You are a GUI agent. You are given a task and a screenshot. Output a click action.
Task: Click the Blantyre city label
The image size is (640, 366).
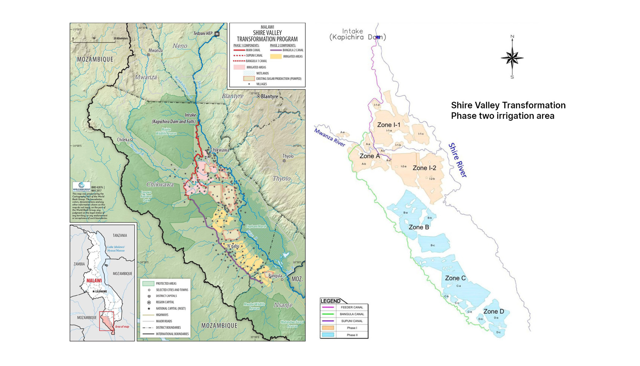pyautogui.click(x=269, y=97)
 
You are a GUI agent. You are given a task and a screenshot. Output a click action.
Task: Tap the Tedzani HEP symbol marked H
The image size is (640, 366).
pyautogui.click(x=217, y=34)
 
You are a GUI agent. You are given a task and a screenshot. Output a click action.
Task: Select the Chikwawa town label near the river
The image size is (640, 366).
pyautogui.click(x=220, y=150)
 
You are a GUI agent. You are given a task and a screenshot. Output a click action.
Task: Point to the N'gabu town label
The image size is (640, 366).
pyautogui.click(x=233, y=246)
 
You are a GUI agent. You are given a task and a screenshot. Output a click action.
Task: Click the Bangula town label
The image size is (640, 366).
pyautogui.click(x=275, y=276)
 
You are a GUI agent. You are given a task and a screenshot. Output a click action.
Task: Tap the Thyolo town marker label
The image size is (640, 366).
pyautogui.click(x=288, y=156)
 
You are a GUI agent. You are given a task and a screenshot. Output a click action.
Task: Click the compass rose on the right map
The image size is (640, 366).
pyautogui.click(x=512, y=58)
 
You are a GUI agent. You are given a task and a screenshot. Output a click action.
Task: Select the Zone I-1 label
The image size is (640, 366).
pyautogui.click(x=389, y=125)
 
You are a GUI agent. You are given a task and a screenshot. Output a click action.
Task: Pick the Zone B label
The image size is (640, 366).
pyautogui.click(x=419, y=227)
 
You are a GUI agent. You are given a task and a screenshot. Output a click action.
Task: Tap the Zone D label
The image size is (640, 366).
pyautogui.click(x=494, y=311)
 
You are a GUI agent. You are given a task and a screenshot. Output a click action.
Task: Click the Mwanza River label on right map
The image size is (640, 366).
pyautogui.click(x=329, y=138)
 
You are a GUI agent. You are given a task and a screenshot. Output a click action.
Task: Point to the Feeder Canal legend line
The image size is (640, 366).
pyautogui.click(x=328, y=307)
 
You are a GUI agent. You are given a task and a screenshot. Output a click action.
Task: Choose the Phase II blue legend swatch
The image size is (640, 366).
pyautogui.click(x=328, y=335)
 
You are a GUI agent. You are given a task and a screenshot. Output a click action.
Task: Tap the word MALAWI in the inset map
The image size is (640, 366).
pyautogui.click(x=94, y=281)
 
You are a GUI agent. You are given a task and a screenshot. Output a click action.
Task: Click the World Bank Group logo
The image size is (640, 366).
pyautogui.click(x=81, y=187)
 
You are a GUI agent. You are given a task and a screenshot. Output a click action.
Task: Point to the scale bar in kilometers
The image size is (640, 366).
pyautogui.click(x=94, y=41)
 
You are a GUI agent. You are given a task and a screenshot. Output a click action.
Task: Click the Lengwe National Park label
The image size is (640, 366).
pyautogui.click(x=146, y=196)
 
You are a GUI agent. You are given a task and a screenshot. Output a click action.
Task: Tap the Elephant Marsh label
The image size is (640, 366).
pyautogui.click(x=256, y=227)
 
